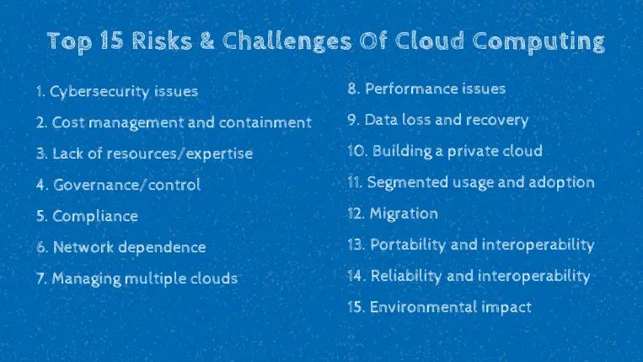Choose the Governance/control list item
(118, 185)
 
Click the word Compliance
(94, 216)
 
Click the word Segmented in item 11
(406, 182)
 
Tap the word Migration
(404, 213)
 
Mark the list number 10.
(356, 151)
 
